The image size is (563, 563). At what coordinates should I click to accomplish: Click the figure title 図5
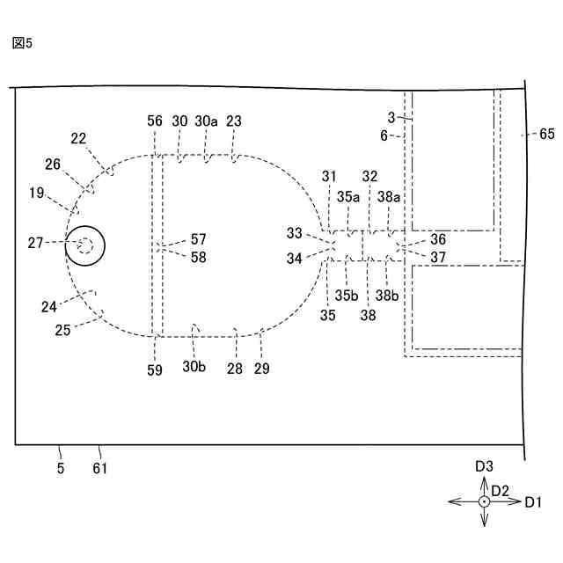pos(23,42)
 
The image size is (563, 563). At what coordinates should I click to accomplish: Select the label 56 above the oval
pos(155,121)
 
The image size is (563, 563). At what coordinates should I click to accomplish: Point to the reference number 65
pos(547,134)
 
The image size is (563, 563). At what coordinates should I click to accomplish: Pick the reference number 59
pos(155,370)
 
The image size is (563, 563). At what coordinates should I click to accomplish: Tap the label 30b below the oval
pos(194,369)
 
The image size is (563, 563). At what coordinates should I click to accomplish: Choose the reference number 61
pos(99,469)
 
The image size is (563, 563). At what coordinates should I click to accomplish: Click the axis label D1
pos(533,502)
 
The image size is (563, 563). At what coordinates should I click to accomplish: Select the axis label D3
pos(484,466)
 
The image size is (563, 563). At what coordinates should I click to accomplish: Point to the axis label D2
pos(501,490)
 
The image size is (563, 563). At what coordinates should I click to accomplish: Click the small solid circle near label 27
pos(85,246)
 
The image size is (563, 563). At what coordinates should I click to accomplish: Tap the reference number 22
pos(79,137)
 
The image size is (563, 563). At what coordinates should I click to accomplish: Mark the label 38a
pos(390,198)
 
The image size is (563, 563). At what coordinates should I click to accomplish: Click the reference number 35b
pos(347,296)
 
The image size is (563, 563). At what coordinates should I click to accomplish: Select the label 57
pos(198,238)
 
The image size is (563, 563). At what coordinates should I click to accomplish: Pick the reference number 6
pos(384,135)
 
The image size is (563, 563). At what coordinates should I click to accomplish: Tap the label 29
pos(262,369)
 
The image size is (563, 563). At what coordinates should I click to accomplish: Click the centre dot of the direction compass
pos(484,501)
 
